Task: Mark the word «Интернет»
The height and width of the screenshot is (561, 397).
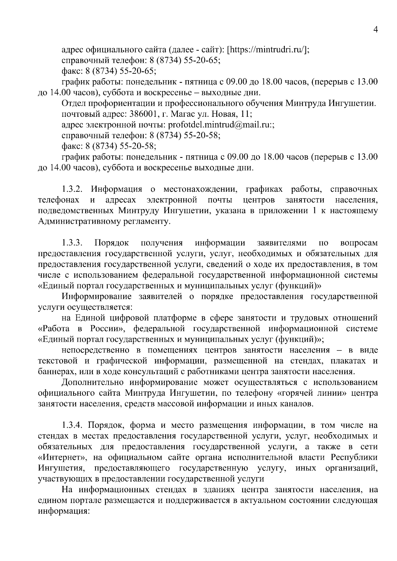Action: pyautogui.click(x=63, y=458)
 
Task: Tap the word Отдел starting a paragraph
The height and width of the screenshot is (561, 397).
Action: pyautogui.click(x=73, y=103)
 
